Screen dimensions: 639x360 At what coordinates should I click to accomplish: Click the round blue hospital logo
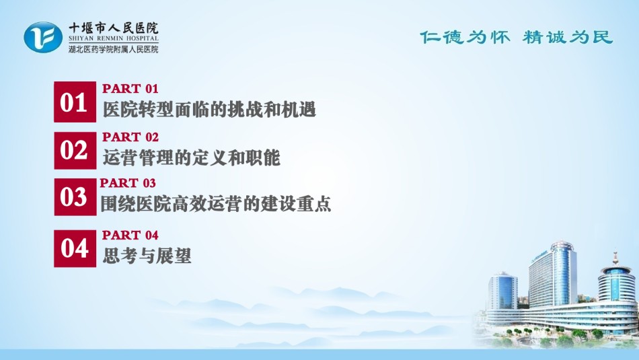click(43, 37)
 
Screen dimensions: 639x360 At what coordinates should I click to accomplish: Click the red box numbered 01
click(75, 102)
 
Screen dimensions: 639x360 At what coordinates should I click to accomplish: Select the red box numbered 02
click(75, 150)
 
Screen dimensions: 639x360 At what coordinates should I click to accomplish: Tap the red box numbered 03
click(75, 196)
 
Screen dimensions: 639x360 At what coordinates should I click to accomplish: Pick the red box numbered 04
click(75, 248)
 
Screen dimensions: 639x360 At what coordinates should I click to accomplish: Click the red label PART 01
click(130, 88)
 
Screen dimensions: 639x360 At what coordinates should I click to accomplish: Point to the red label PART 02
click(130, 137)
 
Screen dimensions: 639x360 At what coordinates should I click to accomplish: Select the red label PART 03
click(128, 183)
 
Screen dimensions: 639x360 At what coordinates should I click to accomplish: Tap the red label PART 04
click(130, 236)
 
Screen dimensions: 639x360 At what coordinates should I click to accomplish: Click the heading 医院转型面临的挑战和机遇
click(209, 110)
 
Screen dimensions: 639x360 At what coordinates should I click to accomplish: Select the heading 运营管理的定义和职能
click(191, 157)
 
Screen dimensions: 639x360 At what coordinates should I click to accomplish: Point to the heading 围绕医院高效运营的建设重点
click(216, 204)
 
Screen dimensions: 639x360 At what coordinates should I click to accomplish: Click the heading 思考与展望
click(147, 256)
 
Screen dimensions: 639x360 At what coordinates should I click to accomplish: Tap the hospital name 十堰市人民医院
click(113, 28)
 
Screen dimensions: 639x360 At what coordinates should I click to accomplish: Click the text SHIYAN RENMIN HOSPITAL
click(113, 39)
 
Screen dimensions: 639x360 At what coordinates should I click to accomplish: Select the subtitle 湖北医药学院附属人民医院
click(113, 49)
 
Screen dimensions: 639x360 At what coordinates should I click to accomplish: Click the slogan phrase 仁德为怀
click(465, 38)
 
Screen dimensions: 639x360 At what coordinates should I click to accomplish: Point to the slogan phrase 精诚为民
click(568, 38)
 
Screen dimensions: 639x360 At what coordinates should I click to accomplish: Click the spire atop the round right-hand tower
click(615, 256)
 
